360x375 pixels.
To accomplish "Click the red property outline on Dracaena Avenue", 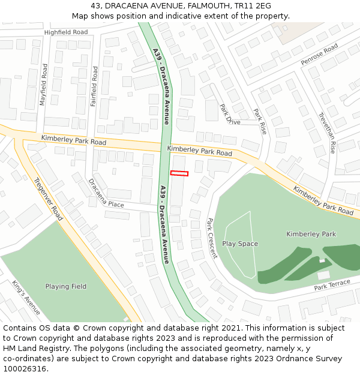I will point(179,173).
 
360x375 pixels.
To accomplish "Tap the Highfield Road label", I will point(65,32).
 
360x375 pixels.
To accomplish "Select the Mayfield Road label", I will point(44,85).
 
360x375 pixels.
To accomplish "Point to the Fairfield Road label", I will point(94,86).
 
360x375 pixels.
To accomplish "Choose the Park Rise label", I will point(260,121).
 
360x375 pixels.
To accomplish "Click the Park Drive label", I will point(229,114).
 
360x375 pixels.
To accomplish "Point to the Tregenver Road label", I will point(49,199).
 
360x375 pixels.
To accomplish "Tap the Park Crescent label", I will point(212,238).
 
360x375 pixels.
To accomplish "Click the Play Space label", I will point(240,244).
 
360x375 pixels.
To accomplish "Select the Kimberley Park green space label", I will point(311,234).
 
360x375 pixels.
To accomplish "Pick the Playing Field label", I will point(66,286).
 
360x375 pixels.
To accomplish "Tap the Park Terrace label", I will point(332,285).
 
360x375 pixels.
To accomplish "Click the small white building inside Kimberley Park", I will point(323,275).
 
